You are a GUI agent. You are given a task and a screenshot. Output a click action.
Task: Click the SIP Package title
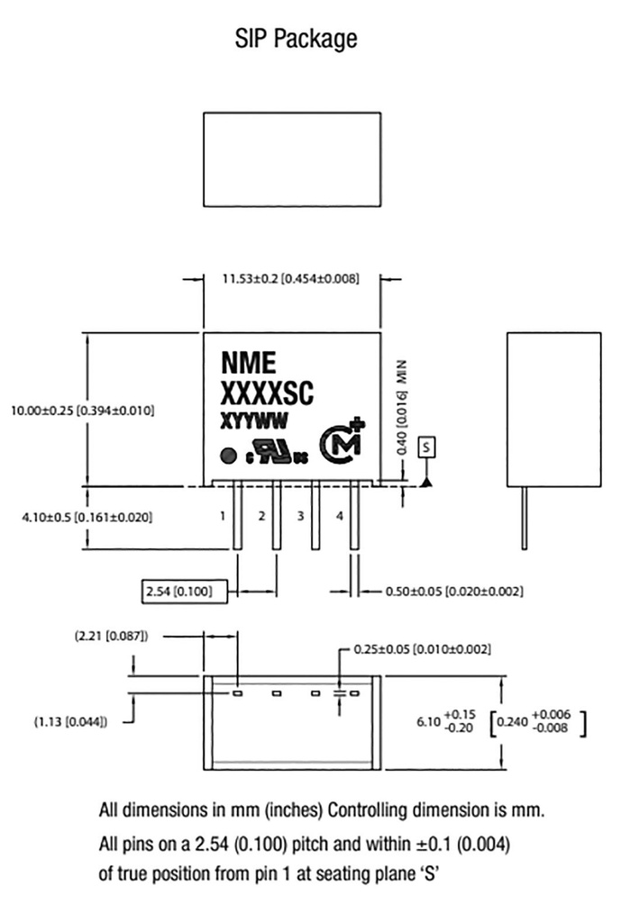coord(297,38)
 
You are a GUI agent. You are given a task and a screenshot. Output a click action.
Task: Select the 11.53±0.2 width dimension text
coord(290,279)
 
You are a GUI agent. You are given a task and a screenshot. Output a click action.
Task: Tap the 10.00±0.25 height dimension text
coord(82,411)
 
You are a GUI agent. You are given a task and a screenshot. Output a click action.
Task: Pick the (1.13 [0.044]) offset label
coord(71,720)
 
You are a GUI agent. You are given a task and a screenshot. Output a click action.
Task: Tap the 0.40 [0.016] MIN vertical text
coord(403,405)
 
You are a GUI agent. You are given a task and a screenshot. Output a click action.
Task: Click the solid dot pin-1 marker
coord(229,456)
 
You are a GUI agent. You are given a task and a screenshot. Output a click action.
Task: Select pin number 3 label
coord(300,516)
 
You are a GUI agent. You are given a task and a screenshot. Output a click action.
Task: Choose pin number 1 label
coord(222,516)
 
